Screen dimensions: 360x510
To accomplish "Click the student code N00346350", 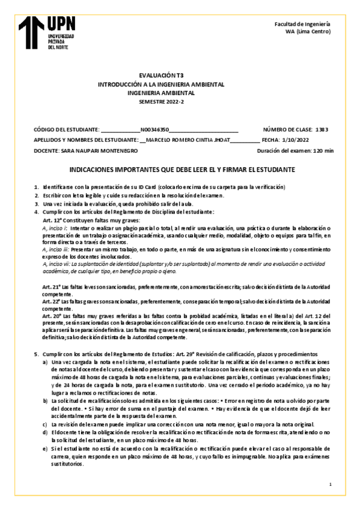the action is point(154,129).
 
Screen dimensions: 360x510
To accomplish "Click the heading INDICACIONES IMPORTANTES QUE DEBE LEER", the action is point(178,171).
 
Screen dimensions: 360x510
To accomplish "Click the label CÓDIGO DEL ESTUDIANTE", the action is point(66,129).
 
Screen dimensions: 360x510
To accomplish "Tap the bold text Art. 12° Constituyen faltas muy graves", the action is point(88,221).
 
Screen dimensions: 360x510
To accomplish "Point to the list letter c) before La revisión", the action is point(45,425).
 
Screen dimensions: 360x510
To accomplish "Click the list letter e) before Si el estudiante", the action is point(45,449).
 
